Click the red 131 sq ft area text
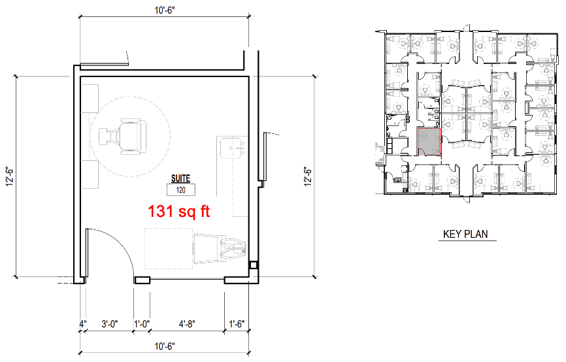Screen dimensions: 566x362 pos(179,211)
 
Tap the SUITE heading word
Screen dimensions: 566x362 pos(180,178)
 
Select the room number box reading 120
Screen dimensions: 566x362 pos(181,190)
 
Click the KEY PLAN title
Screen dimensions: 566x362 pos(465,234)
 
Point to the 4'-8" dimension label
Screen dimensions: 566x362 pos(187,323)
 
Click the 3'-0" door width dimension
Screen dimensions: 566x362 pos(110,323)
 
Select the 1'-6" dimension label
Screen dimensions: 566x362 pos(237,323)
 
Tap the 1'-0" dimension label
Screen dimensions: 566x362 pos(142,323)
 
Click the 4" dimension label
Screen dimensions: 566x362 pos(83,323)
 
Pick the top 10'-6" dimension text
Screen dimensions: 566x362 pos(165,10)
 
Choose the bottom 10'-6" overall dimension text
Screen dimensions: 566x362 pos(165,346)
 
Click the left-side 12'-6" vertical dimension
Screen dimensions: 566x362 pos(9,176)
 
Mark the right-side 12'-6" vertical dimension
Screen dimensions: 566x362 pos(308,176)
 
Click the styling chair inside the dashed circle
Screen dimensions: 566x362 pos(123,137)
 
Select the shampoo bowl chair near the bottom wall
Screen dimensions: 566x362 pos(220,249)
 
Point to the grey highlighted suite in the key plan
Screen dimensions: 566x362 pos(429,142)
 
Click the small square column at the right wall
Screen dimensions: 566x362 pos(253,265)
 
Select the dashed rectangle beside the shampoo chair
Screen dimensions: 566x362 pos(169,248)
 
